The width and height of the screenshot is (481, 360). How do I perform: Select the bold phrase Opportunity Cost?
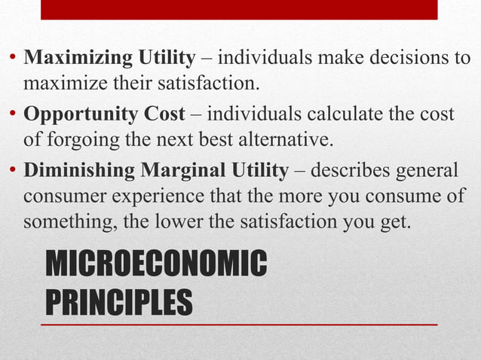[104, 114]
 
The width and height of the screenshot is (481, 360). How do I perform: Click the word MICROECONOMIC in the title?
[156, 266]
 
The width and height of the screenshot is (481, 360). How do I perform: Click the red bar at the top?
[239, 9]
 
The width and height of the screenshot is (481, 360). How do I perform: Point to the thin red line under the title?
[239, 324]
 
